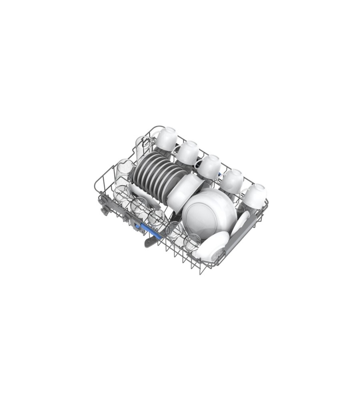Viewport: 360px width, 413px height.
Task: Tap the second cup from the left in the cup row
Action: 188,152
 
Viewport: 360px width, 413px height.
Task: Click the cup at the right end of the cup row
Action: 255,196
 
